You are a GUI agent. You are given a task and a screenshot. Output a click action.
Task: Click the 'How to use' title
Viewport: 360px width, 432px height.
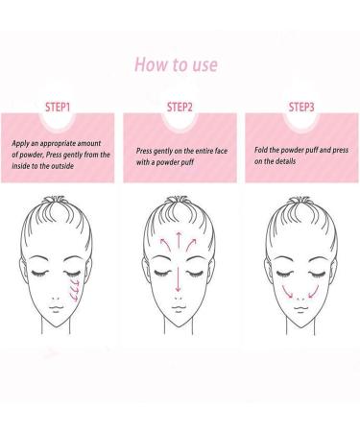pos(178,65)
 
